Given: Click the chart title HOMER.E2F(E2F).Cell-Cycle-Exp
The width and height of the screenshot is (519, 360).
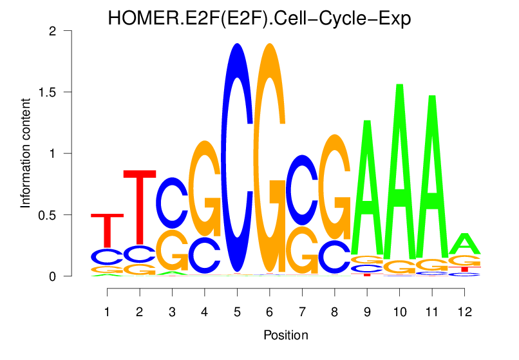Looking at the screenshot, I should pos(259,19).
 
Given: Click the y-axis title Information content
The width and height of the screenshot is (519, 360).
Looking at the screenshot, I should pos(26,153).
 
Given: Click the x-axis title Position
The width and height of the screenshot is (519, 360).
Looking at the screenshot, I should pos(285,336).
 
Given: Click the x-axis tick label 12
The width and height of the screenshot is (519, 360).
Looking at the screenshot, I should pos(464,312).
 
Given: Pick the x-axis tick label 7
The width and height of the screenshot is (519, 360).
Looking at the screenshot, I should pos(301,312).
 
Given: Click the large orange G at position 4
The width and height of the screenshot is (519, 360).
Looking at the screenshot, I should pos(205,187).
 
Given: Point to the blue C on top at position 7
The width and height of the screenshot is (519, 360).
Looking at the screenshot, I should pos(301,191).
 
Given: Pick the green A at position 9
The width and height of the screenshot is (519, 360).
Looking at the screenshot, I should pos(366,187).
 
